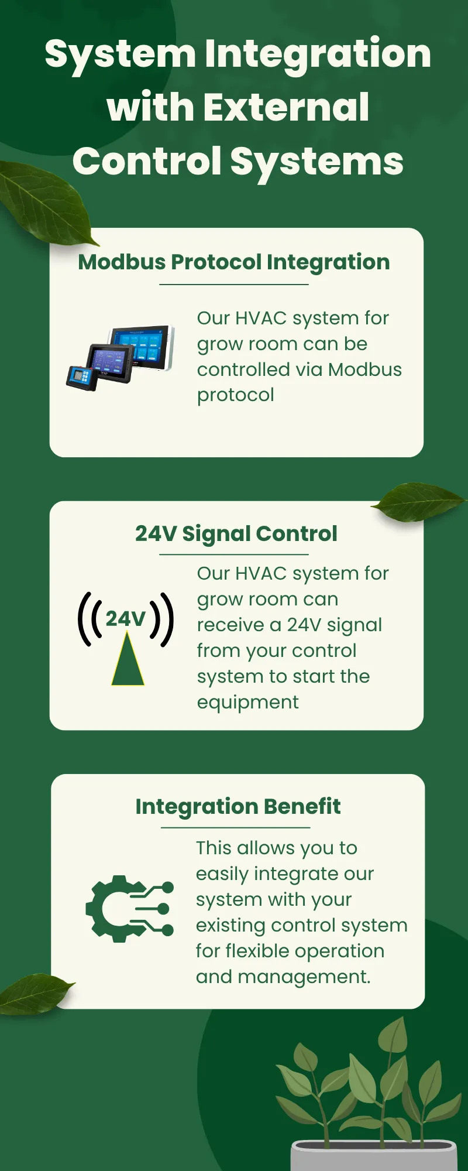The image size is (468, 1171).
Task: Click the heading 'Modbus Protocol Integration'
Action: [234, 262]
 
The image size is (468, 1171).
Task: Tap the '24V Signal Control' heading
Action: [236, 534]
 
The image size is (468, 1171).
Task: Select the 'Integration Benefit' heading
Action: [238, 806]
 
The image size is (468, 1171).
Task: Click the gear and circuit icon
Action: [130, 909]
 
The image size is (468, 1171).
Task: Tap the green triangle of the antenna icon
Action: [128, 659]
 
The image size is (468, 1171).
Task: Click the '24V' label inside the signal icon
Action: [125, 619]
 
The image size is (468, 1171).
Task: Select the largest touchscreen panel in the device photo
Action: [143, 348]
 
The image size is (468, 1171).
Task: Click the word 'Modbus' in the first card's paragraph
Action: [365, 369]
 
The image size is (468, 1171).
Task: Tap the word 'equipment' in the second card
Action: [247, 703]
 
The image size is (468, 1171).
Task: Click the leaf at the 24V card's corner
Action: [418, 501]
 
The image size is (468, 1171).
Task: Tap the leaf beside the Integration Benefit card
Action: [35, 994]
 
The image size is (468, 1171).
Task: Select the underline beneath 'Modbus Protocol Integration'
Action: [234, 285]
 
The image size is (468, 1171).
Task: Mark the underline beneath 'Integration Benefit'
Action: [236, 828]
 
